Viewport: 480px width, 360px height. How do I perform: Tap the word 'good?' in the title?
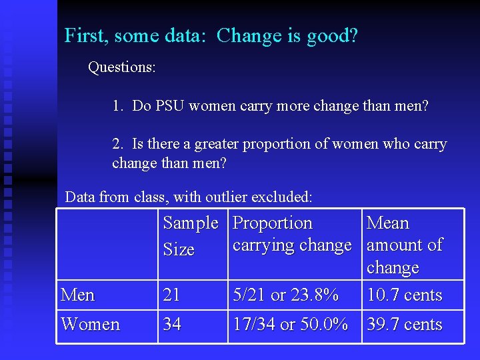tap(332, 36)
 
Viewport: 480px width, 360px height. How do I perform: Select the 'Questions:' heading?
tap(122, 67)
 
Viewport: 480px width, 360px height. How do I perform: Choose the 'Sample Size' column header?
tap(190, 236)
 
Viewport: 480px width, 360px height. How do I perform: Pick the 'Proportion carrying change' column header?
tap(291, 234)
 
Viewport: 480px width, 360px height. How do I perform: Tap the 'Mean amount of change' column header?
tap(404, 245)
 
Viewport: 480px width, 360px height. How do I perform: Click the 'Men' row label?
tap(78, 295)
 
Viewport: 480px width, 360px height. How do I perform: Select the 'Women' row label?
tap(90, 325)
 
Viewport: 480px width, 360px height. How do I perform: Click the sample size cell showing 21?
tap(171, 295)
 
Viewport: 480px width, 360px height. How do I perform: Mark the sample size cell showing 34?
tap(172, 325)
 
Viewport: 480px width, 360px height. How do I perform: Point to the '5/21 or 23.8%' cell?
tap(285, 295)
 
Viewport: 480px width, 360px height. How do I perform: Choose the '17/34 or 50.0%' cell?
tap(290, 325)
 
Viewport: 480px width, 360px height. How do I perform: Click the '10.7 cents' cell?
tap(404, 295)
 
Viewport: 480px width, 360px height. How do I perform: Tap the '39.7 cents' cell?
tap(404, 325)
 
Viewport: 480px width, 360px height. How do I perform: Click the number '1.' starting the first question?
tap(118, 105)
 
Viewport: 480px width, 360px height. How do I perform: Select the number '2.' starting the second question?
tap(118, 144)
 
